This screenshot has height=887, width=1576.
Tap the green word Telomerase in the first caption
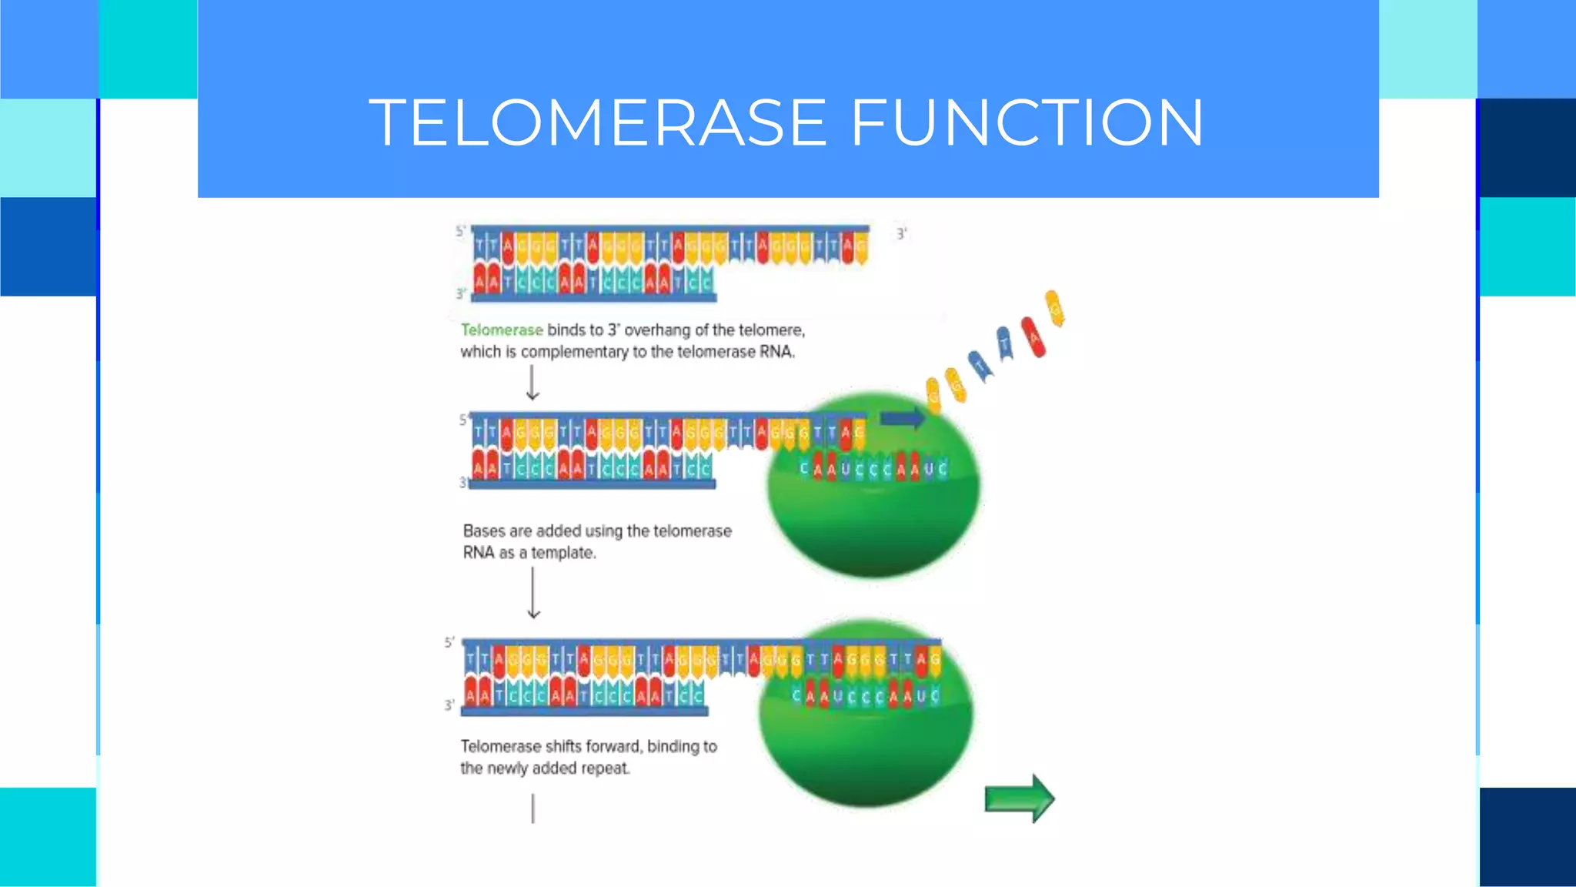[502, 330]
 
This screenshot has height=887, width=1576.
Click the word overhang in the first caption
[657, 330]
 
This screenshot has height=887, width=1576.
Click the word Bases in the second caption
[483, 531]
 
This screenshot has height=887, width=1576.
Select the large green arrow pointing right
[1019, 798]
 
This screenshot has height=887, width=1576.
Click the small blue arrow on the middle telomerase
[902, 418]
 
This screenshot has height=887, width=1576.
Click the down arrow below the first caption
[533, 383]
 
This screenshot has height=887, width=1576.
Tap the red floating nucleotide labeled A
[1033, 337]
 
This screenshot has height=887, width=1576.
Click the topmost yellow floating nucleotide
[1054, 308]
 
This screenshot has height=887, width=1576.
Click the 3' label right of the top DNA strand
[901, 233]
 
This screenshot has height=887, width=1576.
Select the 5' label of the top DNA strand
[460, 231]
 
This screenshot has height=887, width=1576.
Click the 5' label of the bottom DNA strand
[449, 642]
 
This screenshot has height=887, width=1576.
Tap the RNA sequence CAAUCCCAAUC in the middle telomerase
[873, 468]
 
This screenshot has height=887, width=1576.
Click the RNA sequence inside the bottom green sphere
[866, 696]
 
